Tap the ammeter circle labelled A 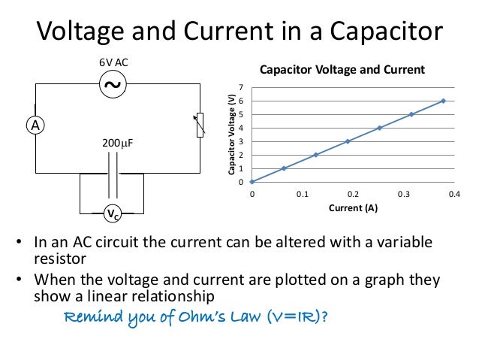(x=35, y=126)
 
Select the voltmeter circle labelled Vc (x=111, y=214)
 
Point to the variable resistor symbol (x=200, y=125)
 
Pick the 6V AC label (x=113, y=63)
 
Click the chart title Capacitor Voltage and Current (x=342, y=70)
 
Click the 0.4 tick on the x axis (x=453, y=194)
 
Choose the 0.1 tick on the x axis (x=302, y=194)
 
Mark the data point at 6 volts (x=443, y=101)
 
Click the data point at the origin (x=252, y=181)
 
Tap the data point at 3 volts (x=348, y=141)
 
